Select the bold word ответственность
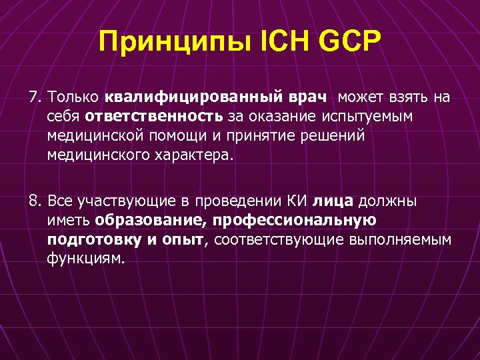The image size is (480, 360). coord(153,117)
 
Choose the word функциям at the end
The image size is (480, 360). coord(85,259)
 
